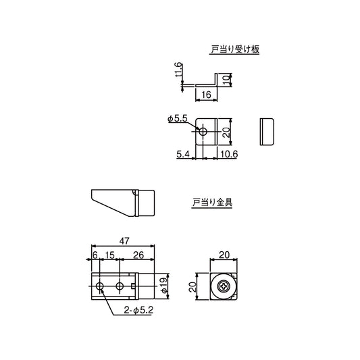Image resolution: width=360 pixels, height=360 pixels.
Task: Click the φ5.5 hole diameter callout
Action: [x=177, y=119]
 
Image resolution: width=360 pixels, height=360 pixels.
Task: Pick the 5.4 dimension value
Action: [x=182, y=154]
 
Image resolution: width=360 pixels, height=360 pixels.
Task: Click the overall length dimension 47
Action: [x=125, y=240]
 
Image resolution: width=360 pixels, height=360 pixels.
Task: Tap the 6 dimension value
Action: [x=95, y=254]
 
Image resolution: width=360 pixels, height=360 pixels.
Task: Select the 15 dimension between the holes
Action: [x=109, y=254]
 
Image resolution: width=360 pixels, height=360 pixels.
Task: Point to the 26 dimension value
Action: [x=138, y=254]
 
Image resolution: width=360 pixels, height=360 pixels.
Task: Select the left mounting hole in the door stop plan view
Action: [x=100, y=287]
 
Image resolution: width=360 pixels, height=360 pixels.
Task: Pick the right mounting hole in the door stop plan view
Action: [x=120, y=287]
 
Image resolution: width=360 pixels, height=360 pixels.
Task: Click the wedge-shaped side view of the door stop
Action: [x=122, y=201]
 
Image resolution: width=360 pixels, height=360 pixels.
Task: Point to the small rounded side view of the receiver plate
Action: [x=266, y=131]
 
